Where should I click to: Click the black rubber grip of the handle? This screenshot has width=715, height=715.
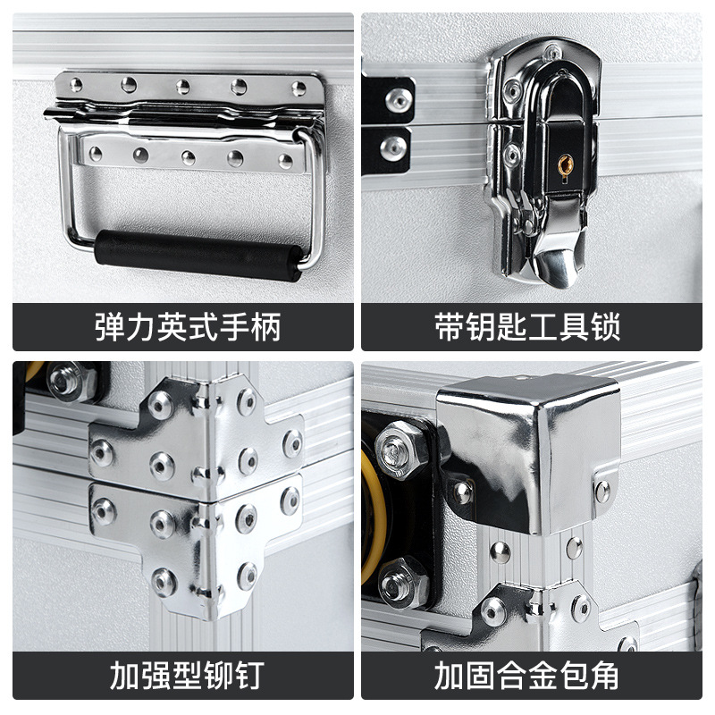pyautogui.click(x=198, y=256)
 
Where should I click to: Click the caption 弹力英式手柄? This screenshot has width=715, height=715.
pyautogui.click(x=188, y=327)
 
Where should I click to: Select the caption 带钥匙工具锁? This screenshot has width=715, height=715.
pyautogui.click(x=527, y=327)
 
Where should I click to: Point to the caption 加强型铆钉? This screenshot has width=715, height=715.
pyautogui.click(x=188, y=675)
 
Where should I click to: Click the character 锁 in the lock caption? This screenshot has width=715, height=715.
pyautogui.click(x=606, y=327)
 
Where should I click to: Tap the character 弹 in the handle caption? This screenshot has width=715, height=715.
pyautogui.click(x=110, y=327)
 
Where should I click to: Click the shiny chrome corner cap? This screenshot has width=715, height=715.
pyautogui.click(x=529, y=454)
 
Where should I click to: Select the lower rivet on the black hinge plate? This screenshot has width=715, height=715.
pyautogui.click(x=393, y=148)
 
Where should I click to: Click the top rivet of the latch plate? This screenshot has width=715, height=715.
pyautogui.click(x=552, y=52)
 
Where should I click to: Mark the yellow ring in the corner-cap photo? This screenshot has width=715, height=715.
pyautogui.click(x=372, y=516)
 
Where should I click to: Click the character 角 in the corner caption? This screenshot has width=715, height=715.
pyautogui.click(x=604, y=675)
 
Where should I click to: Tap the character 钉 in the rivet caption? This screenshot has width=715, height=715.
pyautogui.click(x=250, y=675)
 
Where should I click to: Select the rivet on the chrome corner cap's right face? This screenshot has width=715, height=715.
pyautogui.click(x=602, y=492)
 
